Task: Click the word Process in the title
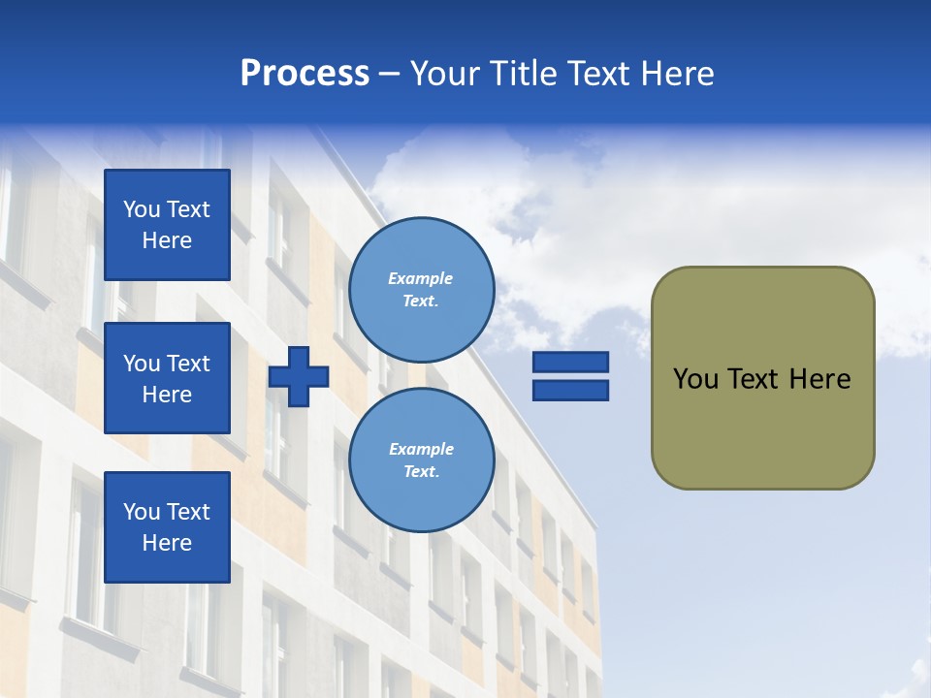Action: [x=305, y=74]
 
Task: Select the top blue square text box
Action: [x=167, y=225]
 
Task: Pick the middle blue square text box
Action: [x=167, y=378]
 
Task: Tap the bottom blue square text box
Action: [x=167, y=527]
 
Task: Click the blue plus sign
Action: [x=299, y=376]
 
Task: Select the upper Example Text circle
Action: [x=421, y=290]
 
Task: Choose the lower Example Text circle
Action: [x=421, y=460]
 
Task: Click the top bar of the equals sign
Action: [x=570, y=363]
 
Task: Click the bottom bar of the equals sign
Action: [x=570, y=391]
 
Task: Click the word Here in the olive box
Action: [x=819, y=379]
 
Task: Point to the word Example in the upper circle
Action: [x=421, y=278]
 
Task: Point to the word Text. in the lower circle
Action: [x=421, y=472]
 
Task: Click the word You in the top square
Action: [x=142, y=209]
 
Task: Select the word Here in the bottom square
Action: [x=167, y=543]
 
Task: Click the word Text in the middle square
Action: [x=188, y=364]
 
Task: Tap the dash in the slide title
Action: [x=389, y=74]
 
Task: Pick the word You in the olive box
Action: [x=695, y=379]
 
